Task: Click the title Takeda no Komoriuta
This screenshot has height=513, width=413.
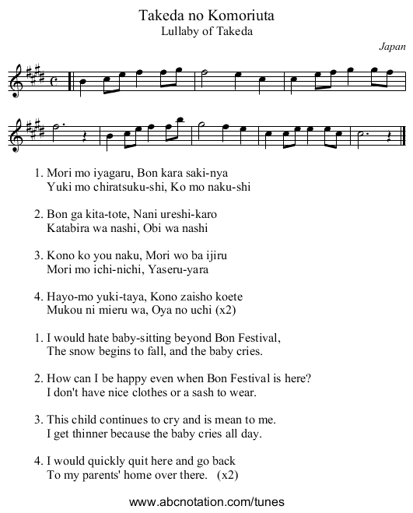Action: [206, 16]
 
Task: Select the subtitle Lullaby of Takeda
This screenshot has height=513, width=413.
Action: [206, 31]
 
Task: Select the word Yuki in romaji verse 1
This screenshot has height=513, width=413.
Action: [59, 187]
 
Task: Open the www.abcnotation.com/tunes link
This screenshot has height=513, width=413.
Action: [206, 501]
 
